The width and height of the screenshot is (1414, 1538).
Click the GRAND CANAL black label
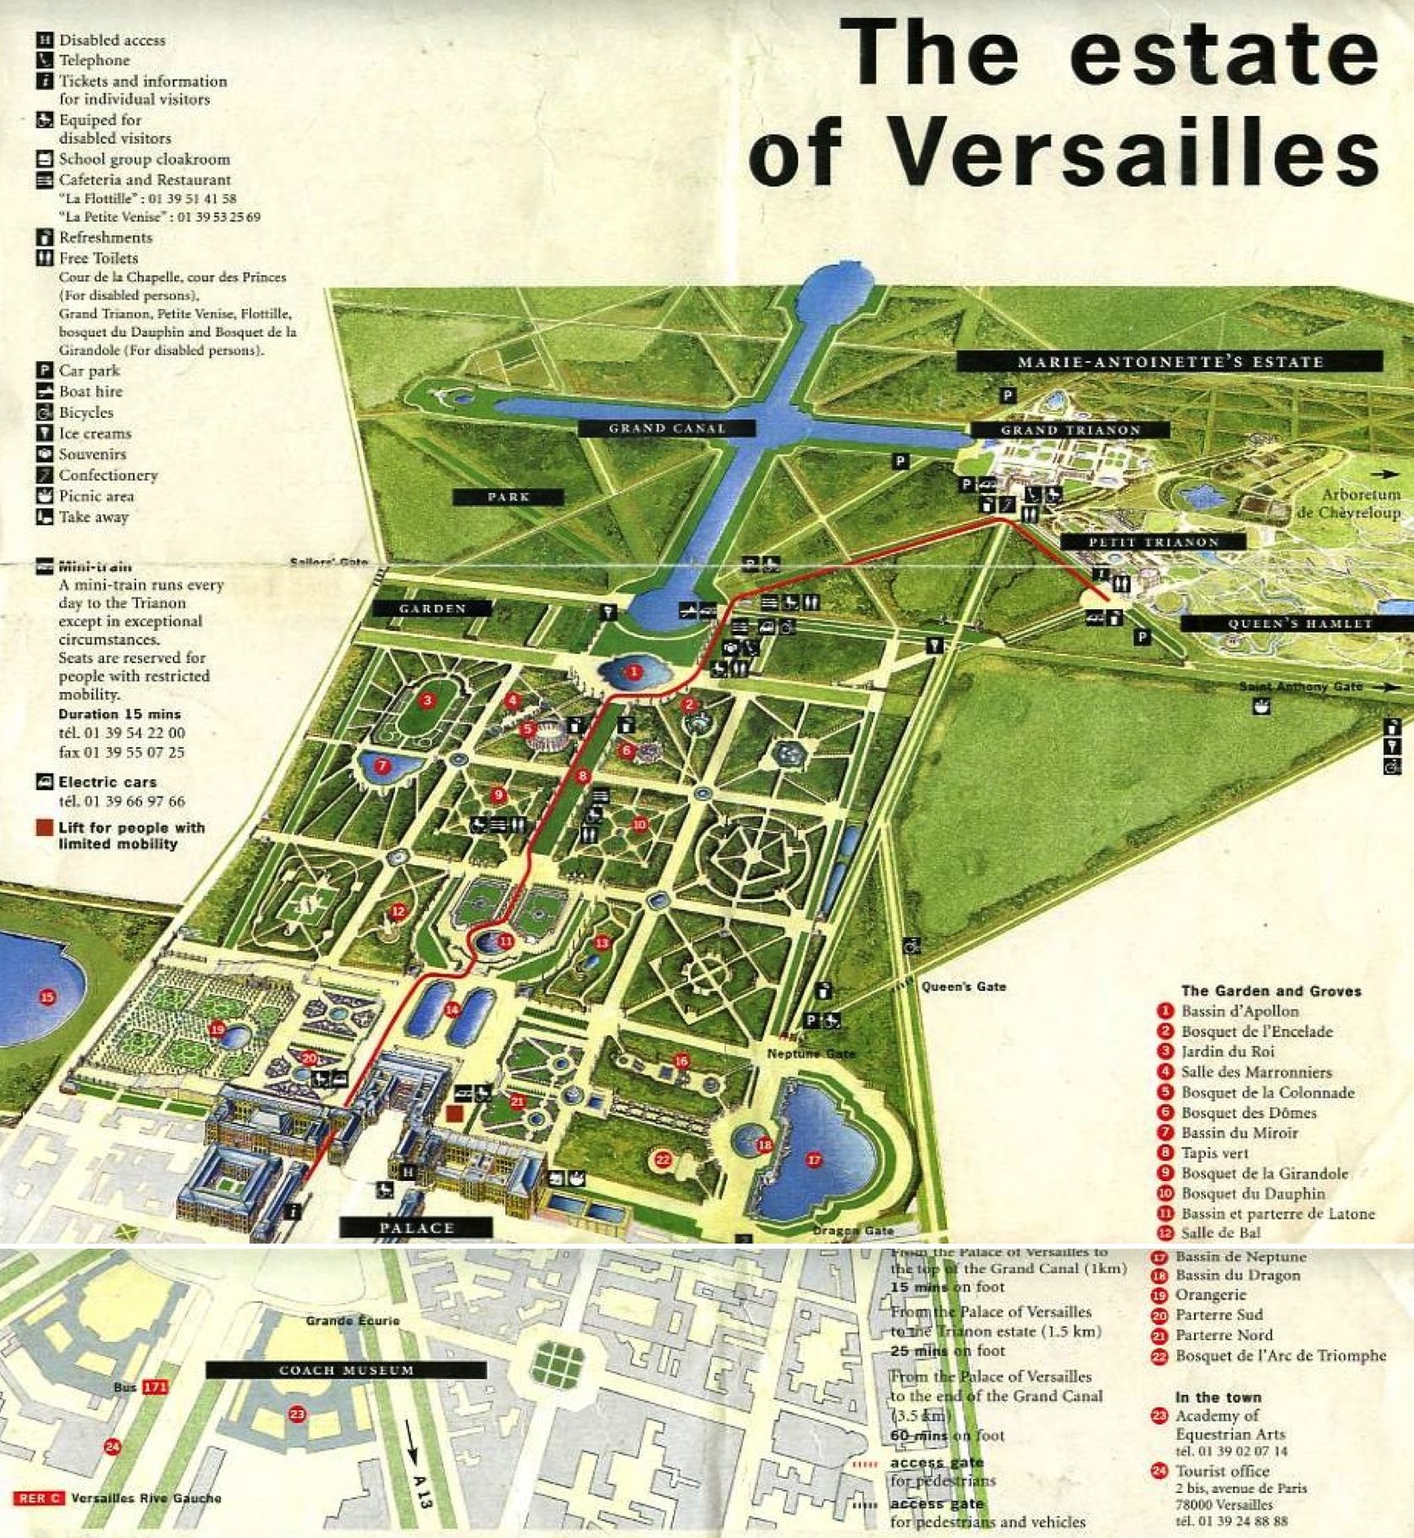(667, 428)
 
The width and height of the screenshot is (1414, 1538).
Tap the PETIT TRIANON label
(1153, 541)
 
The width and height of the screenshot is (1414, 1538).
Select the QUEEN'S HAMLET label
(1300, 623)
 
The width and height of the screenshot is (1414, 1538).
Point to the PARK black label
(508, 497)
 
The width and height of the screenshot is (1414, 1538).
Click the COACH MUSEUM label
(346, 1370)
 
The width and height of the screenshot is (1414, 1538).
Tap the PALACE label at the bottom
(416, 1228)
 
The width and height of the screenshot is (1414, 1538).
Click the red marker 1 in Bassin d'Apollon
(632, 672)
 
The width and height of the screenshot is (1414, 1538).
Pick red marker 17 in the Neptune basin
(813, 1159)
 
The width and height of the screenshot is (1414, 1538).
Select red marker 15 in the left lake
(47, 997)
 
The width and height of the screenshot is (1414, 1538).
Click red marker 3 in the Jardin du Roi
(427, 700)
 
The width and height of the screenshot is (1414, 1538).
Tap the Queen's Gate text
(963, 986)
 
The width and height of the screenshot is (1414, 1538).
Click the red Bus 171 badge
(155, 1387)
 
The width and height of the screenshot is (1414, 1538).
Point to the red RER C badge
(38, 1498)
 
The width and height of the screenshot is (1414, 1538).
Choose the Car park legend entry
(89, 371)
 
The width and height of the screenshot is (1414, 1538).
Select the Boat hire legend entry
(90, 392)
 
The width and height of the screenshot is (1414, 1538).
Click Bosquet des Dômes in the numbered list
(1248, 1112)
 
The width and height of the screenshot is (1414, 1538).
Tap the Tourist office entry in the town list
(1221, 1471)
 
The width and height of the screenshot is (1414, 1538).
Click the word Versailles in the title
(1134, 155)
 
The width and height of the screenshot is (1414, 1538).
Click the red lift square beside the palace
(455, 1113)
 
